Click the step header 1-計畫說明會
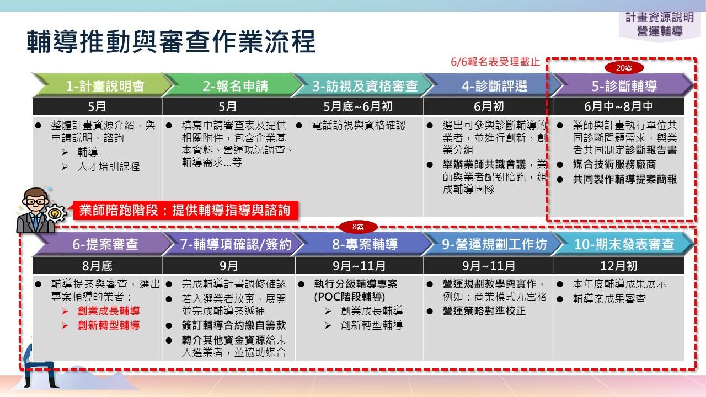[105, 85]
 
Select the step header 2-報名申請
[235, 85]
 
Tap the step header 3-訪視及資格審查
[365, 85]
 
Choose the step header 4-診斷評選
[494, 85]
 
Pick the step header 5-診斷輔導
[624, 85]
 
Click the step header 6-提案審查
[105, 244]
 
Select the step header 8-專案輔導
[365, 244]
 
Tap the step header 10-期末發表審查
[624, 244]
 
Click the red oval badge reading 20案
[624, 68]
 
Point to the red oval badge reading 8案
[358, 227]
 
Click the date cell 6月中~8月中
[619, 106]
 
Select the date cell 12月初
[619, 266]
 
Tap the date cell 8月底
[97, 266]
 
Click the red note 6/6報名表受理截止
[495, 62]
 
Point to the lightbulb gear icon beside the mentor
[55, 213]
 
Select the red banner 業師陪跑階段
[185, 210]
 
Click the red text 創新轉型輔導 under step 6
[109, 325]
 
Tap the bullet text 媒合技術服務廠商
[614, 164]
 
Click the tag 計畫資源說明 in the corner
[660, 17]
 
